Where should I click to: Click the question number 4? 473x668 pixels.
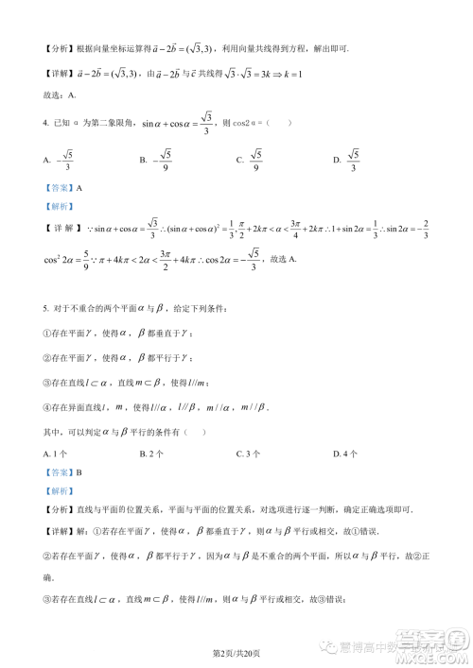coord(46,121)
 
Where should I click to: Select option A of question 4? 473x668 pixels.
coord(58,161)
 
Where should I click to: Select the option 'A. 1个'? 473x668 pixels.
coord(57,454)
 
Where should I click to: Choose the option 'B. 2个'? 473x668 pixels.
coord(153,454)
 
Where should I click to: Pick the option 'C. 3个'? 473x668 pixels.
coord(249,454)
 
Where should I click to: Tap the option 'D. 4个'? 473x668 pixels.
coord(346,454)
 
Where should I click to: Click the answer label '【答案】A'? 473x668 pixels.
coord(63,188)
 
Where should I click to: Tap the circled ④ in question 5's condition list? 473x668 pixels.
coord(47,407)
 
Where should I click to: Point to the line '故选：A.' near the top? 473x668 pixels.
coord(61,94)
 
